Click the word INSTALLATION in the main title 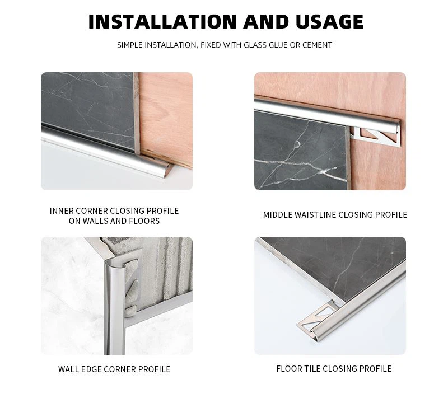[x=162, y=21]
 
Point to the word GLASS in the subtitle [x=255, y=45]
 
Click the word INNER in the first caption [x=62, y=211]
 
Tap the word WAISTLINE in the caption [x=316, y=215]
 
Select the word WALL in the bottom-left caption [x=69, y=369]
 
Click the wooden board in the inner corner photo [x=168, y=112]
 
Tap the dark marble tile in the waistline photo [x=297, y=151]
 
